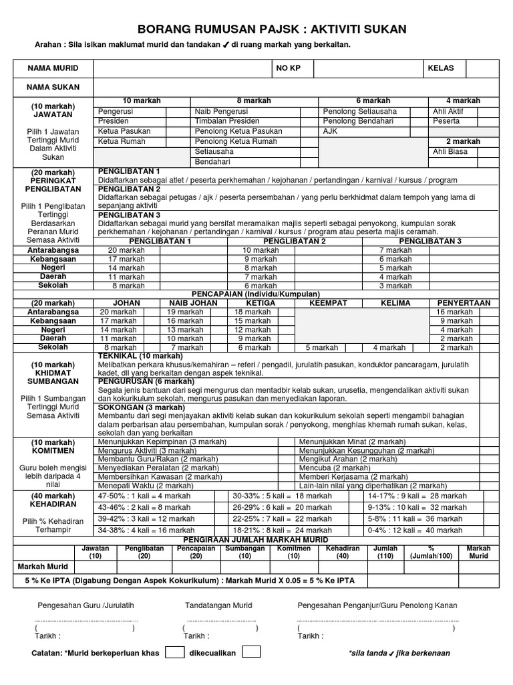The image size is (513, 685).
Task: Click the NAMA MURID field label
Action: click(x=53, y=68)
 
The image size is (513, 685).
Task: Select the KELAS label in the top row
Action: click(x=441, y=68)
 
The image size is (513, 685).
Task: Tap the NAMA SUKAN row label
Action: click(x=53, y=87)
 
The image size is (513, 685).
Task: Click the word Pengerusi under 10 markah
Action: click(x=116, y=111)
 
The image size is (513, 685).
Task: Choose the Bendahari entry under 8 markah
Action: click(x=213, y=162)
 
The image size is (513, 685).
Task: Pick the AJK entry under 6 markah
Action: click(x=331, y=131)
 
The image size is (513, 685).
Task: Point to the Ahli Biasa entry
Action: click(x=451, y=152)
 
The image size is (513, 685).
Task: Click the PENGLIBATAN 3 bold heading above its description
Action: click(x=130, y=215)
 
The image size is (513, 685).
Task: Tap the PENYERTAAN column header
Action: click(x=464, y=303)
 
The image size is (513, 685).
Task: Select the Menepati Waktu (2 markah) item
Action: click(x=146, y=486)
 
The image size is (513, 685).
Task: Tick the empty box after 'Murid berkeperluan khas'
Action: click(x=174, y=652)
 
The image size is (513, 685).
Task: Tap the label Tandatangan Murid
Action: click(x=218, y=605)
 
